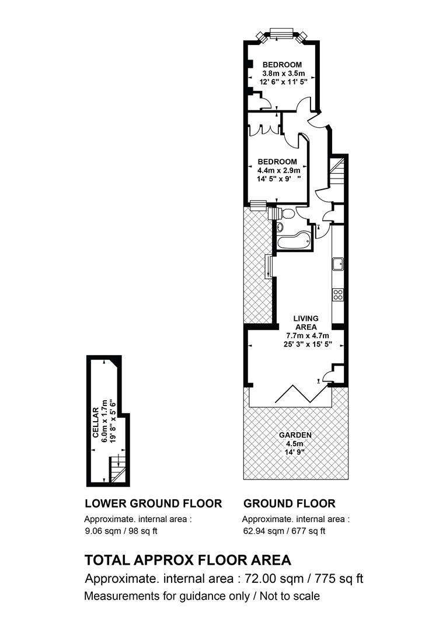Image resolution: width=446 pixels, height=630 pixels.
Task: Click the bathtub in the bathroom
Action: tap(294, 241)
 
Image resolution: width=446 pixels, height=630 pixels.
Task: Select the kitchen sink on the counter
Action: tap(338, 264)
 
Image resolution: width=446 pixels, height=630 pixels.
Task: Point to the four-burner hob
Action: tap(338, 295)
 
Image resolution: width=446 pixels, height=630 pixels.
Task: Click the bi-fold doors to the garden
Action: tap(297, 393)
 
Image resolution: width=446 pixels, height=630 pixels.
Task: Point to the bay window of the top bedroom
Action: tap(281, 36)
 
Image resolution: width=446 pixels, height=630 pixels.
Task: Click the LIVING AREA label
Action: tap(306, 323)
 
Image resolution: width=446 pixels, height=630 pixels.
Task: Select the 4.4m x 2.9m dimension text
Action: tap(278, 170)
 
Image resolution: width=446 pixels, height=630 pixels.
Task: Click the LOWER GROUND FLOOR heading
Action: tap(153, 503)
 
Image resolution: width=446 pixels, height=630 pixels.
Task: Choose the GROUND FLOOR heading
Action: tap(289, 503)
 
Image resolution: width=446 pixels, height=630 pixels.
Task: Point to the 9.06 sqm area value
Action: tap(103, 531)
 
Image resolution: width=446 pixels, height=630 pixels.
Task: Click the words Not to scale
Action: tap(290, 596)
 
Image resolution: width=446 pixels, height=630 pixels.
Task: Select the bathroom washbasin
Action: tap(280, 226)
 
